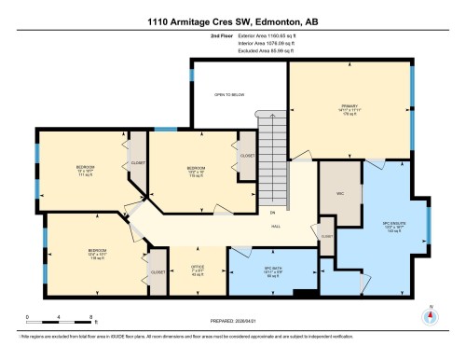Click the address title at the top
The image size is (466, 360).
click(x=232, y=21)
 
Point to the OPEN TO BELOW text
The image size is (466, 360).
click(x=227, y=94)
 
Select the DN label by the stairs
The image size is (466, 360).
click(x=272, y=213)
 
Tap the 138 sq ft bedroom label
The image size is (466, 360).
click(x=97, y=254)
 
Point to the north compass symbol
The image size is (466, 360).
click(x=430, y=316)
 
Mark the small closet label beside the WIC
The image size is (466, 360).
click(x=326, y=237)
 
